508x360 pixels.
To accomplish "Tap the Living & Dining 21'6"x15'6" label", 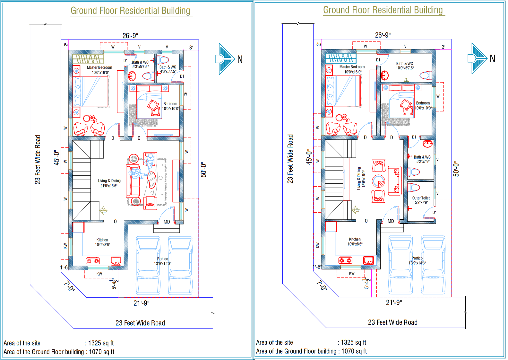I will tap(109, 183).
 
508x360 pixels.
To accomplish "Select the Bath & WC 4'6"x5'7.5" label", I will tap(168, 69).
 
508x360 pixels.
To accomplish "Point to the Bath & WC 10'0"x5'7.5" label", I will tap(404, 66).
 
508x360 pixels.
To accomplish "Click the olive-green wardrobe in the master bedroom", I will tap(88, 59).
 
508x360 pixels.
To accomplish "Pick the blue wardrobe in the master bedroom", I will tap(340, 58).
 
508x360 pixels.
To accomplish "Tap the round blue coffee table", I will tap(379, 181).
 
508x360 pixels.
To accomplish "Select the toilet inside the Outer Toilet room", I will tap(414, 187).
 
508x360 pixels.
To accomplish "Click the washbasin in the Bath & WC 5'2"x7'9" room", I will tap(427, 143).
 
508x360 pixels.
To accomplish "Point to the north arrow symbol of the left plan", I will tap(225, 59).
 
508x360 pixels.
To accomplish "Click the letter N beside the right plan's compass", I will tap(492, 59).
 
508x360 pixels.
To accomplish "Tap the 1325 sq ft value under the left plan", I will tap(101, 343).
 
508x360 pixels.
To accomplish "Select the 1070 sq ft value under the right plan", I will tap(354, 351).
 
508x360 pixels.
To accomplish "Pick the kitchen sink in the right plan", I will tap(368, 260).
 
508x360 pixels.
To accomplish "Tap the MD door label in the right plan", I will tap(391, 221).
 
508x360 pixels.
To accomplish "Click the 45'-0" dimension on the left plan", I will tap(57, 157).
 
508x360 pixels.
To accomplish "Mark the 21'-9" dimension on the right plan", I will tap(394, 303).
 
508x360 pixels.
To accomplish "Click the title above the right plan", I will tap(383, 10).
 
